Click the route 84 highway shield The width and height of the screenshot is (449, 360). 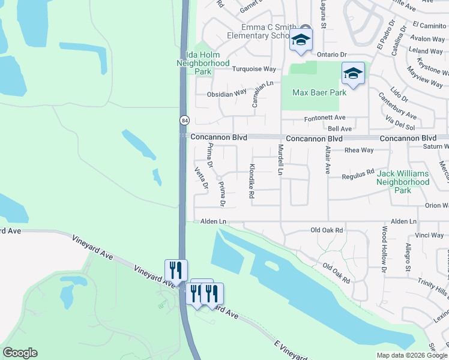(x=184, y=120)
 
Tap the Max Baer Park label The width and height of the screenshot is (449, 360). (x=319, y=93)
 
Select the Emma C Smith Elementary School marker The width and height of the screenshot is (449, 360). (x=301, y=40)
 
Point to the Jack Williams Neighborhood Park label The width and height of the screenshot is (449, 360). (x=403, y=182)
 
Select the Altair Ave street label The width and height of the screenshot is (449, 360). (x=328, y=160)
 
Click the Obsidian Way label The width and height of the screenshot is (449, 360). (x=227, y=93)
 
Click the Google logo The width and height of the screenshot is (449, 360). (x=20, y=353)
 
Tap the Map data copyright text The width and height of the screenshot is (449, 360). (x=412, y=355)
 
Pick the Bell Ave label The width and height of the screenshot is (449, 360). (x=339, y=129)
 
